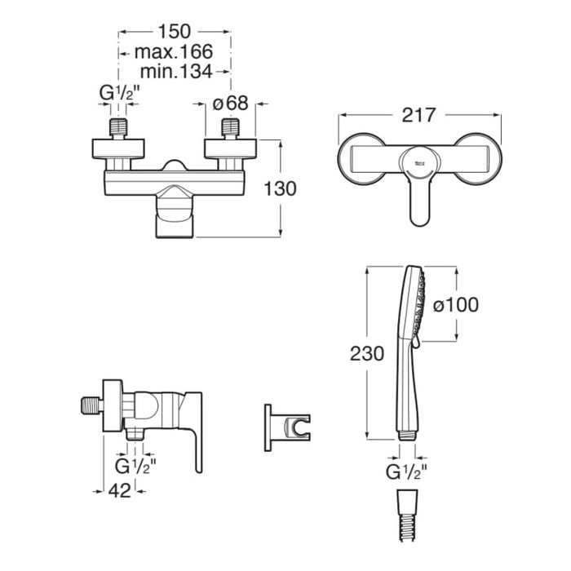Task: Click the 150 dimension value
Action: (174, 31)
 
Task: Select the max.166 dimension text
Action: (174, 51)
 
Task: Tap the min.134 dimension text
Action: (176, 72)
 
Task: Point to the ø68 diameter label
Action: (231, 103)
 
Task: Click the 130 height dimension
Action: (280, 188)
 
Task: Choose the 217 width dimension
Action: (418, 115)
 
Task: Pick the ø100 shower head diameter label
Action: (455, 304)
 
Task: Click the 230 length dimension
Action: (367, 353)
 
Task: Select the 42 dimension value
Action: (119, 491)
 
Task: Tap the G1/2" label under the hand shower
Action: (406, 473)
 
